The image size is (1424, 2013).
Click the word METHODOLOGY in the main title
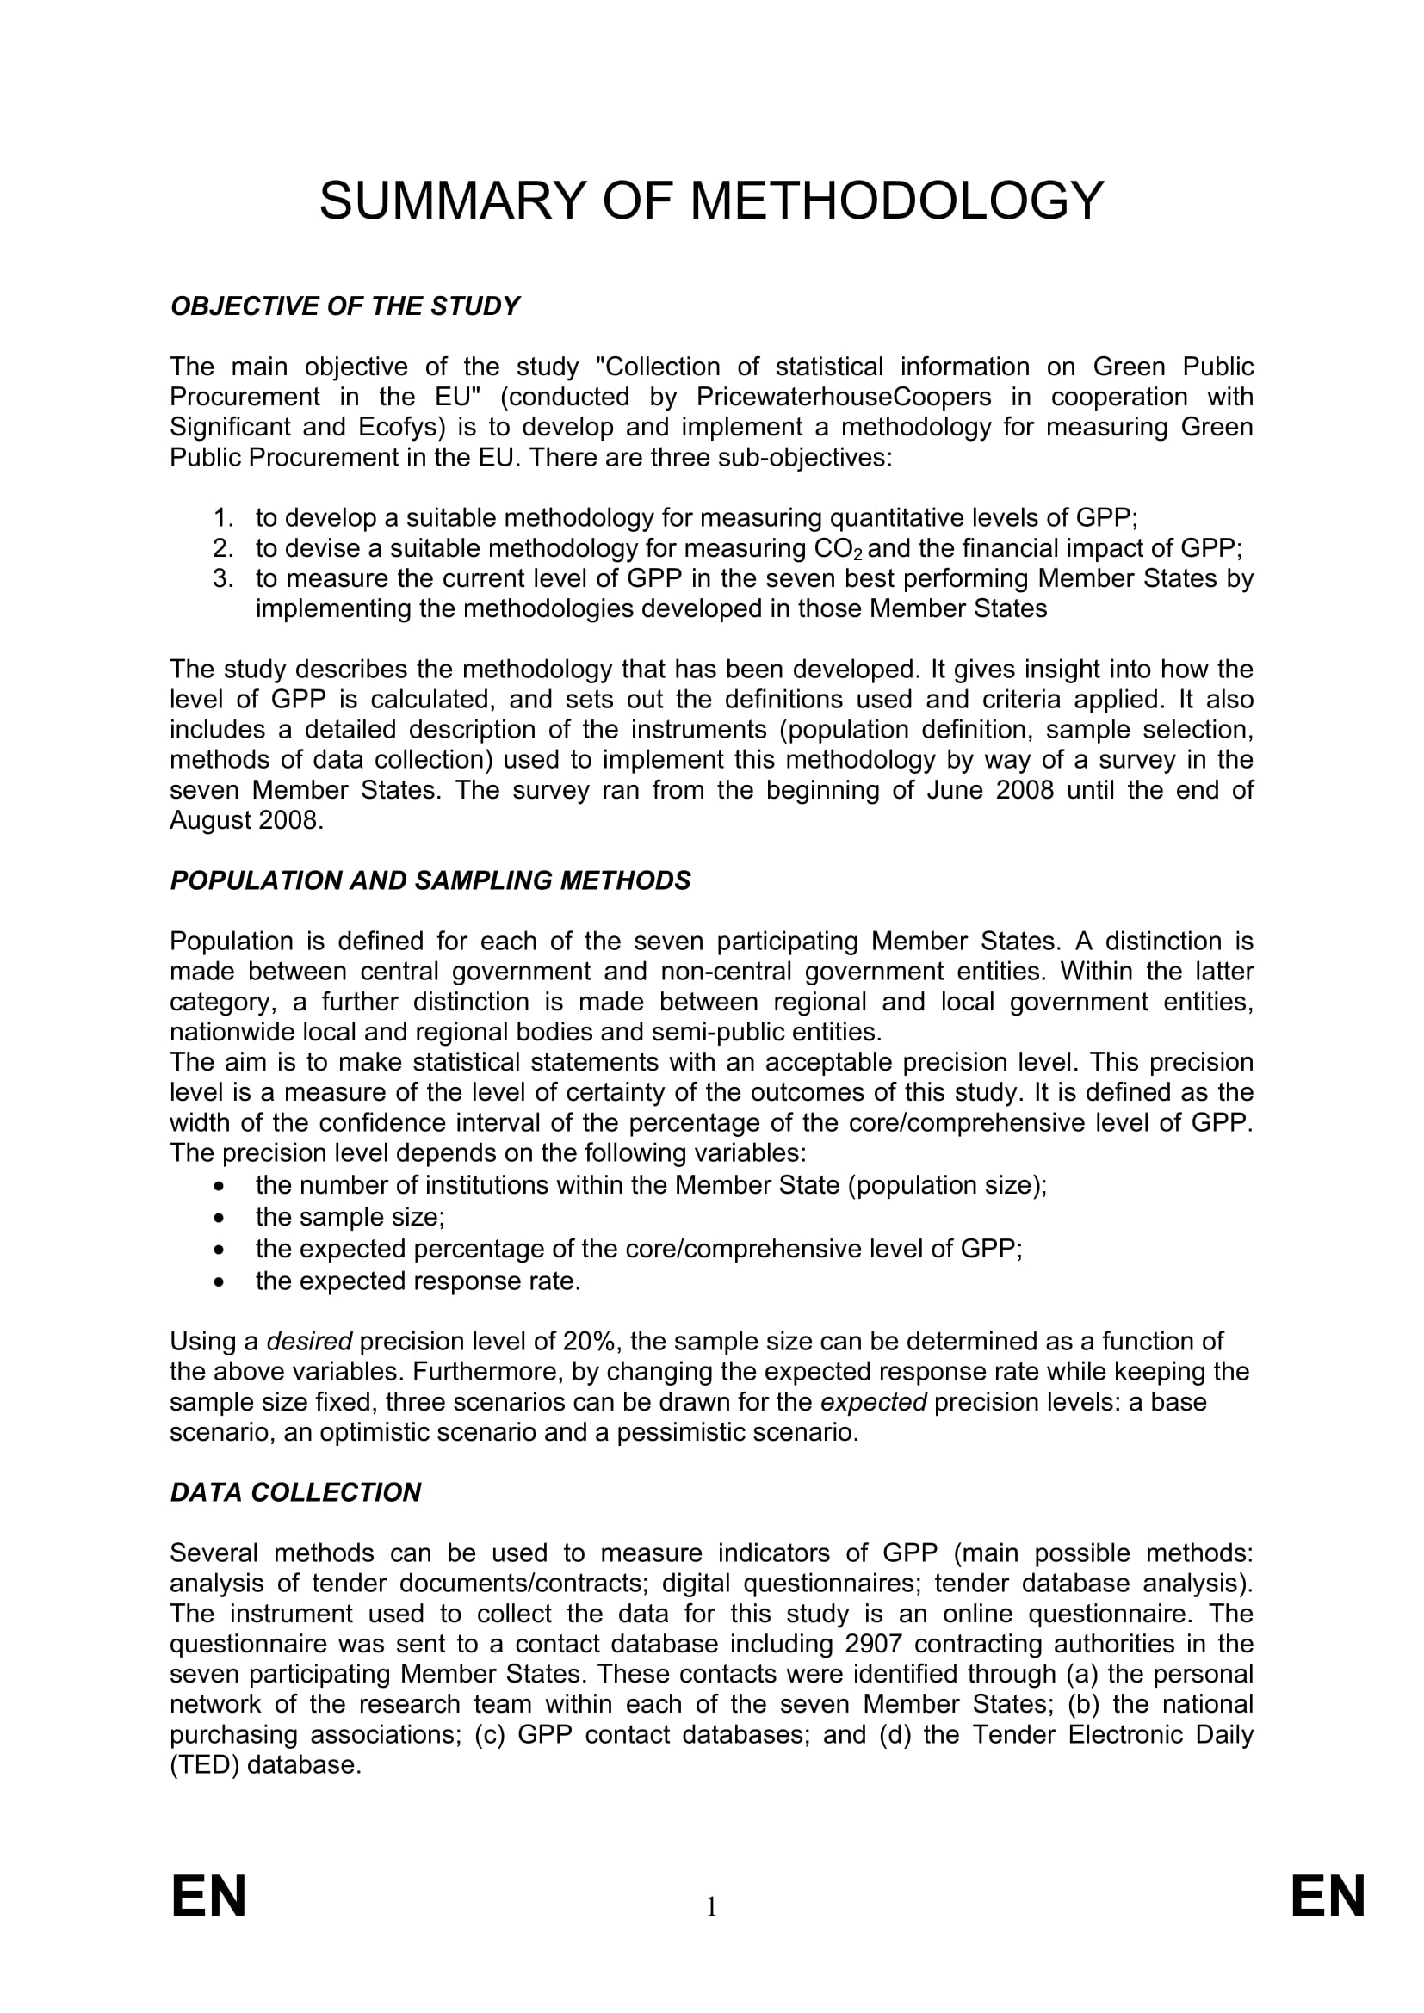pos(896,201)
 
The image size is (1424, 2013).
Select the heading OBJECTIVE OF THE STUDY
pos(344,307)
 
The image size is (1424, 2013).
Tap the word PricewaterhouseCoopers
pos(844,397)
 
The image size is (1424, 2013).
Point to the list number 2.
pos(223,549)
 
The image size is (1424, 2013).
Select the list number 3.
pos(223,578)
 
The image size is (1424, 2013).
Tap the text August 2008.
pos(245,821)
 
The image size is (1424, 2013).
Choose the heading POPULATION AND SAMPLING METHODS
pos(430,881)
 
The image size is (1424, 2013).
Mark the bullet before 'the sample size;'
pos(220,1218)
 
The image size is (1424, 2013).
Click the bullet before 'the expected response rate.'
pos(220,1281)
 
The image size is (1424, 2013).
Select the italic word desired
pos(309,1342)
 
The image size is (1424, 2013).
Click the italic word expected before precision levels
pos(872,1402)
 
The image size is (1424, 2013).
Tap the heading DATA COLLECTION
pos(295,1493)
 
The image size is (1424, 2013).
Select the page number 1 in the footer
pos(711,1907)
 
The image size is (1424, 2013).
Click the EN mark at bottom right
pos(1328,1898)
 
